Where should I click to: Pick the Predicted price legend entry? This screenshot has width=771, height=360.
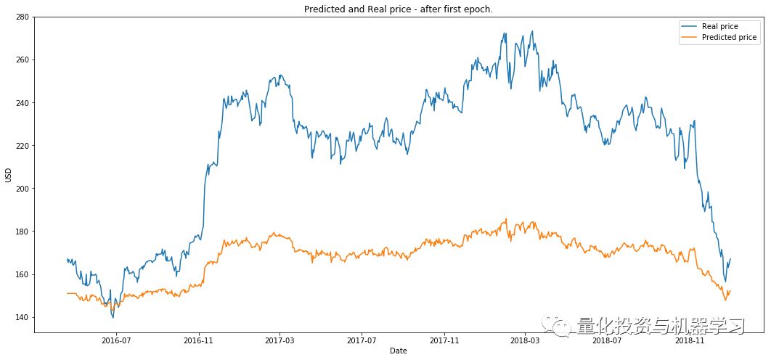tap(729, 37)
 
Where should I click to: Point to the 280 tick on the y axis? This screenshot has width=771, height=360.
tap(23, 17)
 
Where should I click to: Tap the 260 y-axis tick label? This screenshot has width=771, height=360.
tap(23, 60)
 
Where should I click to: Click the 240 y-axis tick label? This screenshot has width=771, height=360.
tap(23, 103)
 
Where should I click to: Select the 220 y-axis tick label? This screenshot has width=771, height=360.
tap(23, 146)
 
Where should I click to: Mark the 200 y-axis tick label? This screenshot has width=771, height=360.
tap(23, 189)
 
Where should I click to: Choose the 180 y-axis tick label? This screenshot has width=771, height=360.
tap(23, 232)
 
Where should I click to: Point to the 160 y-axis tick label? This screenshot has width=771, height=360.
tap(23, 274)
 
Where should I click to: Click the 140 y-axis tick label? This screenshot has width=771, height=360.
tap(23, 318)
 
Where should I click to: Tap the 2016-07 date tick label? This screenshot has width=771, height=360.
tap(116, 340)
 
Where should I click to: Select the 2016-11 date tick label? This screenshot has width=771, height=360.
tap(198, 340)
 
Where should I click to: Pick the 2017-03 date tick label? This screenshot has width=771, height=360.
tap(280, 340)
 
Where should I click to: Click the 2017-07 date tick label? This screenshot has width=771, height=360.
tap(362, 340)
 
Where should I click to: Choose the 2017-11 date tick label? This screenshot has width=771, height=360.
tap(444, 340)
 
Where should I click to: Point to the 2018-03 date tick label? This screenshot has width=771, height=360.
tap(524, 340)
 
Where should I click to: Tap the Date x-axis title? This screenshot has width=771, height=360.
tap(398, 351)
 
